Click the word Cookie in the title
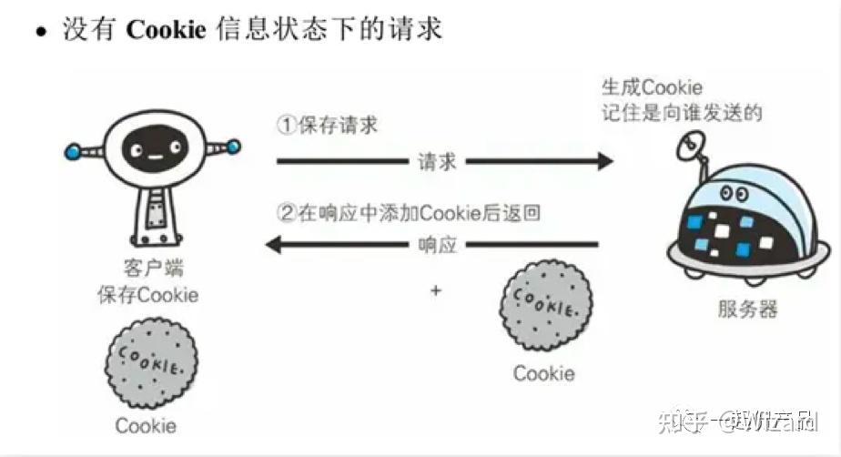point(167,29)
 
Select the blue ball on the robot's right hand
point(235,146)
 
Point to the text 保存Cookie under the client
point(148,295)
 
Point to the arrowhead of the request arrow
point(604,162)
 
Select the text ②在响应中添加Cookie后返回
point(409,214)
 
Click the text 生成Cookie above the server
point(651,88)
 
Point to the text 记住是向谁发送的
point(682,113)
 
